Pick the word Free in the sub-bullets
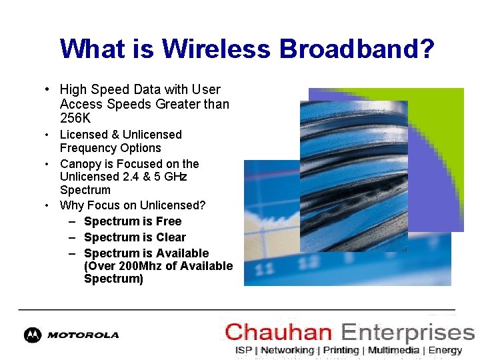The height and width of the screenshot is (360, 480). tap(169, 221)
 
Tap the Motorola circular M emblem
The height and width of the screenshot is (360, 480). tap(32, 335)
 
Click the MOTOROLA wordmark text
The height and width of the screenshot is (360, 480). tap(83, 335)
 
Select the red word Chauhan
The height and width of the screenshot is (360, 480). tap(279, 332)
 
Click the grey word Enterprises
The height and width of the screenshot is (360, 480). tap(407, 332)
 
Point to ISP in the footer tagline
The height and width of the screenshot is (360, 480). tap(243, 350)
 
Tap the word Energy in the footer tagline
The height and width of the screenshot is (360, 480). tap(445, 350)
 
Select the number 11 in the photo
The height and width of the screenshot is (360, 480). tap(265, 269)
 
